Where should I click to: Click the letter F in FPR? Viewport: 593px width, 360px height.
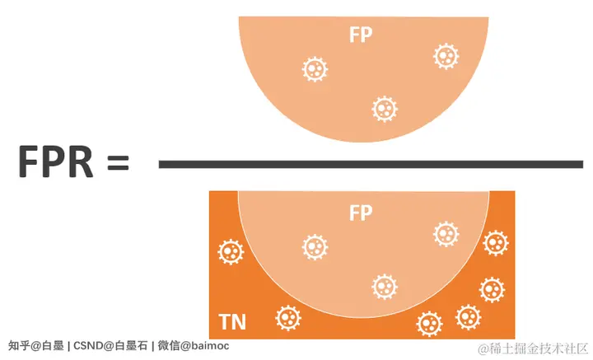pyautogui.click(x=30, y=162)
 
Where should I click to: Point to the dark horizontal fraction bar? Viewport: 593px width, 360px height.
pyautogui.click(x=371, y=165)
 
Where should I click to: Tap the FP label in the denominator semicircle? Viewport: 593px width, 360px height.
pyautogui.click(x=361, y=213)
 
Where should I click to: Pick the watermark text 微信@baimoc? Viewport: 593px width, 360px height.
pyautogui.click(x=194, y=346)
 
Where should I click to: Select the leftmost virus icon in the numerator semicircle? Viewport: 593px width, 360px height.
pyautogui.click(x=314, y=69)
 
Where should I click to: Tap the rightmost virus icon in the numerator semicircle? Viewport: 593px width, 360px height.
pyautogui.click(x=446, y=56)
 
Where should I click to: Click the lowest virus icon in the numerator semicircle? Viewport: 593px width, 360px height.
pyautogui.click(x=384, y=108)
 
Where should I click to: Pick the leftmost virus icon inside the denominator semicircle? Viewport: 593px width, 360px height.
pyautogui.click(x=314, y=246)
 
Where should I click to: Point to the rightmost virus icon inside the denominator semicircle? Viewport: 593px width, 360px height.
pyautogui.click(x=446, y=233)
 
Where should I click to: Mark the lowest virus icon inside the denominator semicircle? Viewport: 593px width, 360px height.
pyautogui.click(x=384, y=286)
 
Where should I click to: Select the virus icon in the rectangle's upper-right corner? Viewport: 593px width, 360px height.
pyautogui.click(x=495, y=243)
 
